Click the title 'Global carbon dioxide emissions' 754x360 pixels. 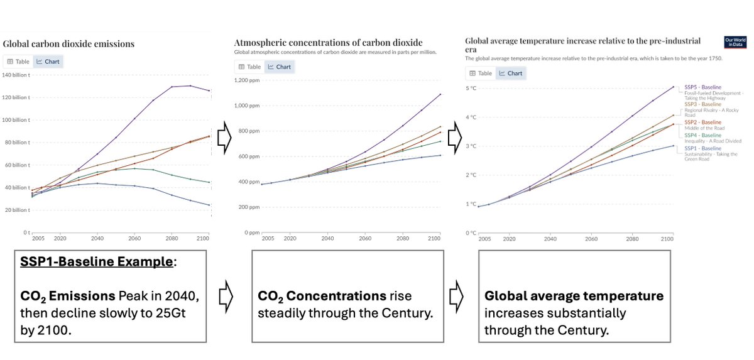click(x=68, y=44)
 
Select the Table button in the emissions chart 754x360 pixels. click(x=18, y=62)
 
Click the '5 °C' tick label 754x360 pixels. click(x=472, y=88)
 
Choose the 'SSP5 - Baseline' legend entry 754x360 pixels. click(x=702, y=87)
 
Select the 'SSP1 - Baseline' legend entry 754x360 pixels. click(x=702, y=148)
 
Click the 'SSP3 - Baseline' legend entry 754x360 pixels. click(x=702, y=104)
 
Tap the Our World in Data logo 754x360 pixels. click(x=735, y=42)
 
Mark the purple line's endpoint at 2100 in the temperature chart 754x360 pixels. click(x=673, y=87)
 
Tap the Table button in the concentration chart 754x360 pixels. click(x=249, y=67)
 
